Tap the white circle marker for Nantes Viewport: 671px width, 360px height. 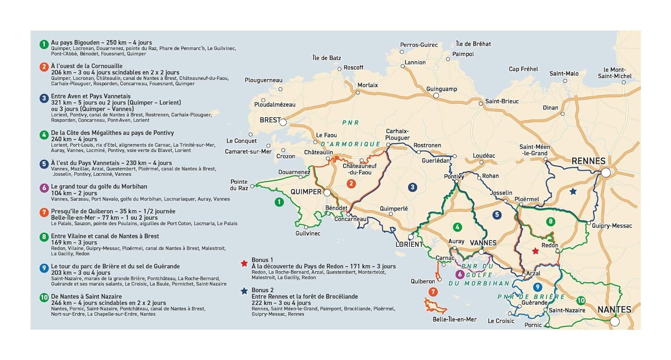tap(615, 321)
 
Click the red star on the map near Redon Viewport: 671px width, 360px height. tap(535, 251)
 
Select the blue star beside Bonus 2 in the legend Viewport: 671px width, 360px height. tap(244, 291)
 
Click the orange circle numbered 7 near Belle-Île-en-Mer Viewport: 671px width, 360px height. tap(432, 292)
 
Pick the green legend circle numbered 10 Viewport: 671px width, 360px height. tap(43, 298)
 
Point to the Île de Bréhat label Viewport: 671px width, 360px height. tap(473, 44)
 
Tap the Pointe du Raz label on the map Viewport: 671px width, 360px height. tap(239, 185)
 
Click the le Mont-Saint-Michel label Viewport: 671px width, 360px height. tap(617, 73)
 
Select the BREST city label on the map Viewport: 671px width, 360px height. tap(270, 120)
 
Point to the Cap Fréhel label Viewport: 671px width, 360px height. tap(523, 69)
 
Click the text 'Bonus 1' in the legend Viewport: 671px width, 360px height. tap(262, 260)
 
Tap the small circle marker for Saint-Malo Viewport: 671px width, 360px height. tap(565, 81)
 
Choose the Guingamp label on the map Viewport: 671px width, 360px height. tap(442, 89)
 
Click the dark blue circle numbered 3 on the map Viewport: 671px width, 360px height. tap(412, 187)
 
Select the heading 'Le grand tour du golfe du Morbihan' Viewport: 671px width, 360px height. tap(99, 186)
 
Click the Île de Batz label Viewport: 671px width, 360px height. tap(326, 58)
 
